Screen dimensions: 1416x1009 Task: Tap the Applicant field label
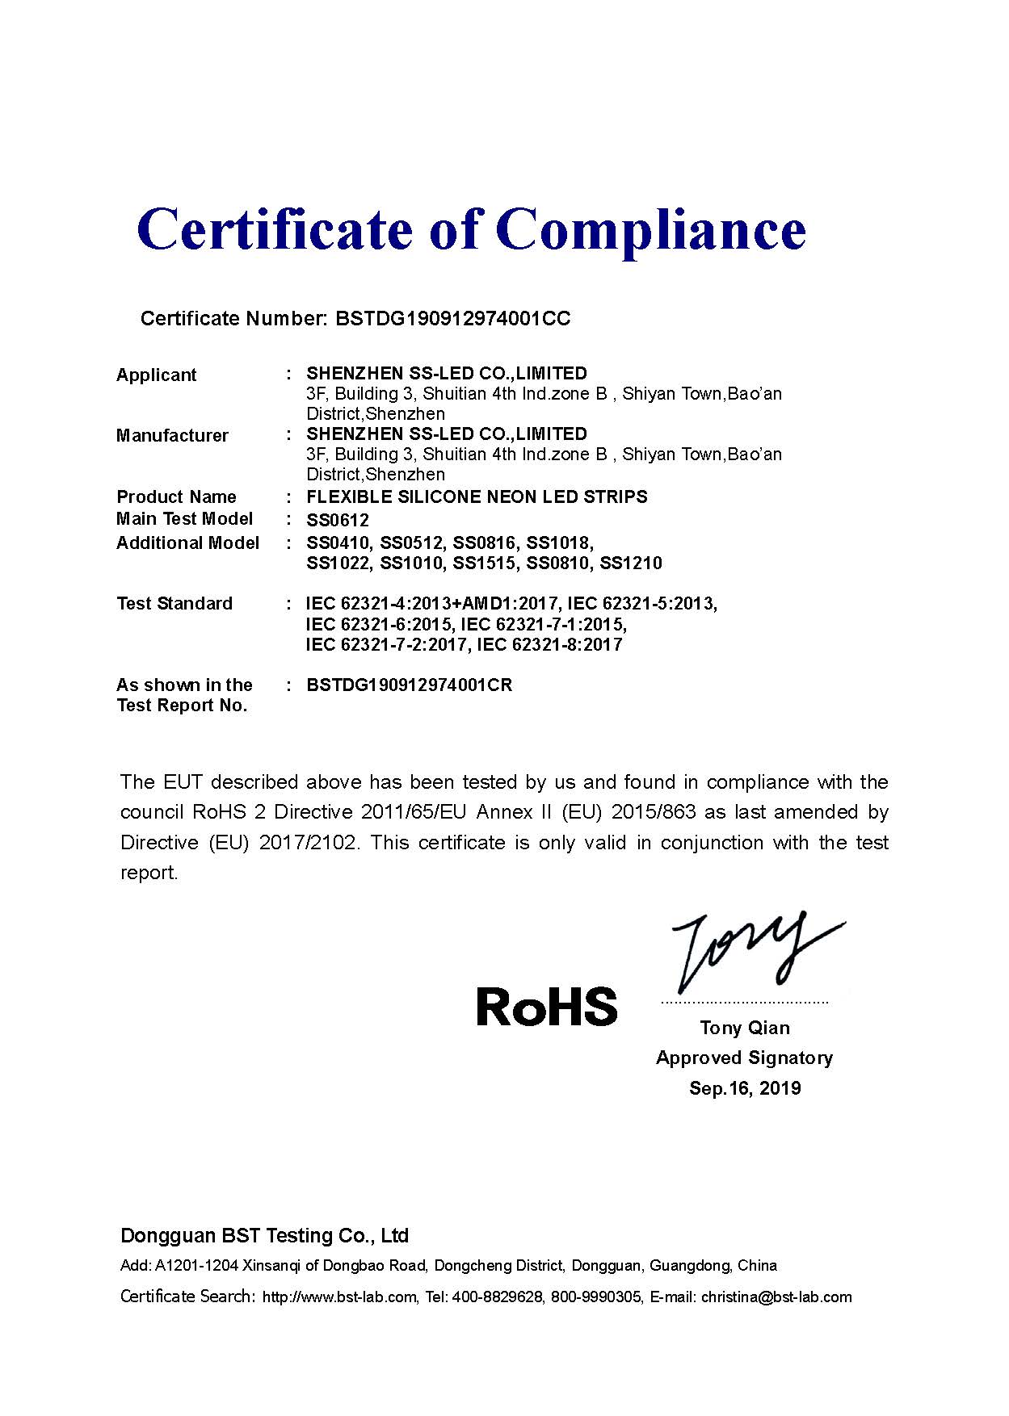coord(157,375)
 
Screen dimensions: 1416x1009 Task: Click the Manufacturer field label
coord(172,436)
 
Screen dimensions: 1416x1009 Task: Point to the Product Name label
coord(176,496)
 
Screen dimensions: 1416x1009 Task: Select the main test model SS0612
coord(338,520)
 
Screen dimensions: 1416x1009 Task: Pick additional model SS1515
coord(484,563)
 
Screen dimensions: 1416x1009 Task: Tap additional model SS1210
coord(631,563)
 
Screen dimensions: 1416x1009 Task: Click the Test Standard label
coord(174,604)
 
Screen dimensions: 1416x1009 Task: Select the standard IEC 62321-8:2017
coord(550,645)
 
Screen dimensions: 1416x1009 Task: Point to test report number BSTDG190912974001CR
coord(410,685)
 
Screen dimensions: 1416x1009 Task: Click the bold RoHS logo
coord(547,1007)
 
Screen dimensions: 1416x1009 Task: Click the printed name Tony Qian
coord(745,1028)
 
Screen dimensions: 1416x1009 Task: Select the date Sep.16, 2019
coord(745,1088)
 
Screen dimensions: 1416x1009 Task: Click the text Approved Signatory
coord(744,1058)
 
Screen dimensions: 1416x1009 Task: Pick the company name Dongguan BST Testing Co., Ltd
coord(264,1236)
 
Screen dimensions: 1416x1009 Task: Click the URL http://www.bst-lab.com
coord(339,1297)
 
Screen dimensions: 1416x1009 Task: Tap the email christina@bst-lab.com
coord(776,1297)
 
